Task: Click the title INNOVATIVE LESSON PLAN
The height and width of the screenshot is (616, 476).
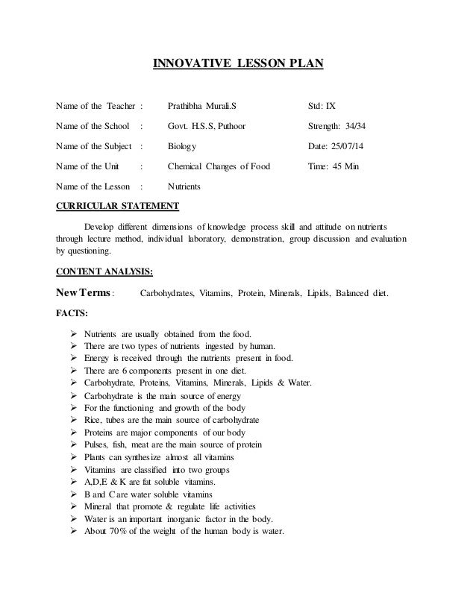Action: (x=238, y=64)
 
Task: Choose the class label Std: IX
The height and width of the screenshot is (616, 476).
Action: (x=322, y=105)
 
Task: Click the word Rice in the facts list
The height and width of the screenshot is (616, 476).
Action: (x=93, y=421)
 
